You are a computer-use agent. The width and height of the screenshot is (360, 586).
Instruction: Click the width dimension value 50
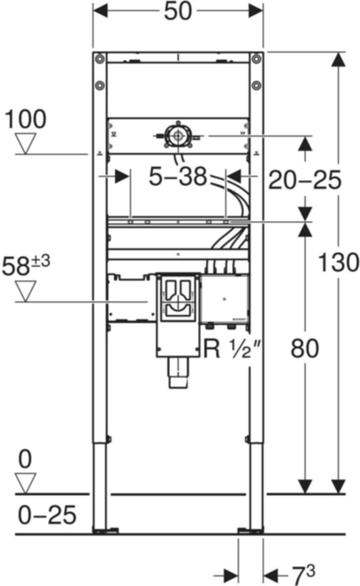coord(178,12)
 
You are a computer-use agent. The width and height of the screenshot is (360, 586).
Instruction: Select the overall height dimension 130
coord(338,262)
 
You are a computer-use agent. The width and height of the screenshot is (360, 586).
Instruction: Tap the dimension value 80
coord(305,349)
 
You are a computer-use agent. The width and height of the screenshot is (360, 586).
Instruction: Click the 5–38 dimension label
coord(178,177)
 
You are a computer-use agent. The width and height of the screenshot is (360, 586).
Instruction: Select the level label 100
coord(25,120)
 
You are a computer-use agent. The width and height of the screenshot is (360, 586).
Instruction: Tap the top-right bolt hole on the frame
coord(256,59)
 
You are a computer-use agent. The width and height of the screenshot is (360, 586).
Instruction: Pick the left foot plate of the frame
coord(105,530)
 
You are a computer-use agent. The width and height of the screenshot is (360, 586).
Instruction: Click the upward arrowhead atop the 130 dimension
coord(336,61)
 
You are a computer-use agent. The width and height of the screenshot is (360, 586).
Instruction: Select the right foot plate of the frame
coord(250,530)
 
